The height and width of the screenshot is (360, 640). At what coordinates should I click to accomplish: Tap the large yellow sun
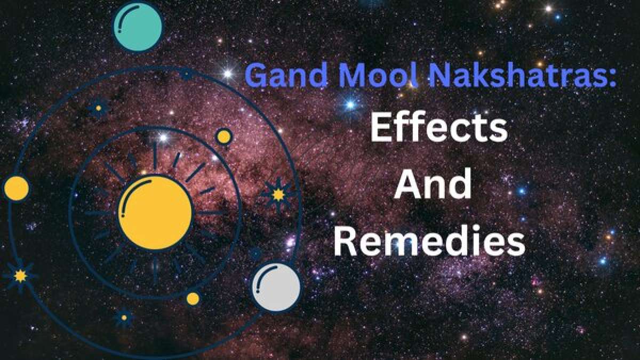pos(155,212)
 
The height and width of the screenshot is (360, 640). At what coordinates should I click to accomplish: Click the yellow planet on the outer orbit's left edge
pos(16,188)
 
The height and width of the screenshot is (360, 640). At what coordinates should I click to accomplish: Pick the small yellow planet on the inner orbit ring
pos(224,137)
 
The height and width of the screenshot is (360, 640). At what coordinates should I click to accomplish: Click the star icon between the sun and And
pos(278,195)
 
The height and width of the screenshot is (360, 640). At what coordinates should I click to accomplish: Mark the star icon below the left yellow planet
pos(20,276)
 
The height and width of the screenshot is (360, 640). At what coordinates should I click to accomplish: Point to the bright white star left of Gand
pos(228,74)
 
